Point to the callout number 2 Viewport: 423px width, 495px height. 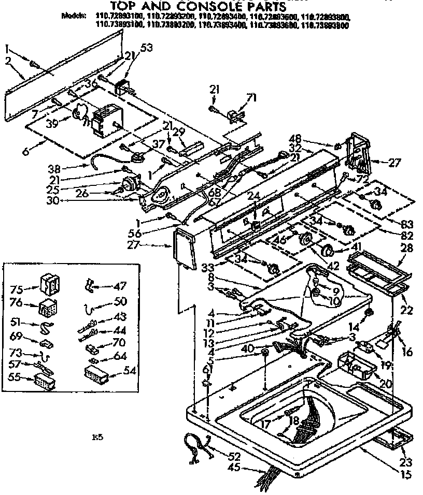coord(8,61)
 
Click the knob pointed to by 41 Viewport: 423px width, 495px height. coord(328,252)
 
